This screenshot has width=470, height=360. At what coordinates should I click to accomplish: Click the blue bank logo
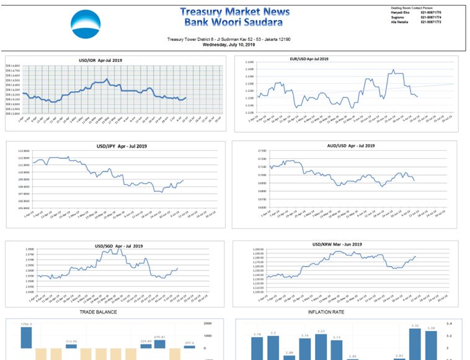pos(85,24)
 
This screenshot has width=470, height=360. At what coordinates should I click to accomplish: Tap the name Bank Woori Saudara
pos(233,23)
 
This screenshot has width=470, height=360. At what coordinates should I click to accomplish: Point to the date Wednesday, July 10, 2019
pos(229,45)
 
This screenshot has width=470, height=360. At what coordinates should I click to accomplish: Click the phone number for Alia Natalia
pos(431,22)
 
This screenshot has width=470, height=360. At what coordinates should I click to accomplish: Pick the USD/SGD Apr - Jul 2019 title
pos(119,246)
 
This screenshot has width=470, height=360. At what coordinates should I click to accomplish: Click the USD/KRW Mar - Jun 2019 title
pos(337,244)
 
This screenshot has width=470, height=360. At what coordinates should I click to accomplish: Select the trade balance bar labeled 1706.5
pos(26,338)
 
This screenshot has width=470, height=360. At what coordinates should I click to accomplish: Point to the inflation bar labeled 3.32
pos(415,344)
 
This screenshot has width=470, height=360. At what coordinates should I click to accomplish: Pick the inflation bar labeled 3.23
pos(320,347)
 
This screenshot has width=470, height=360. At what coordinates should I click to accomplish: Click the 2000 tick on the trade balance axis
pos(208,323)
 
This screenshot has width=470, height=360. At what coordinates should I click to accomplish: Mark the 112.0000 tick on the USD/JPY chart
pos(24,158)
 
